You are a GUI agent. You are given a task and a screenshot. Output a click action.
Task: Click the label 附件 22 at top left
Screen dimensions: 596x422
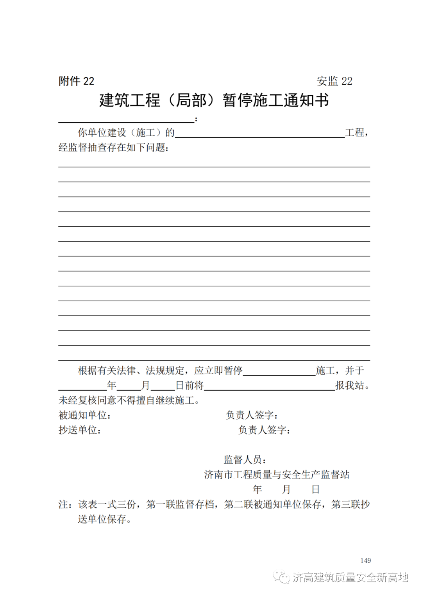click(77, 81)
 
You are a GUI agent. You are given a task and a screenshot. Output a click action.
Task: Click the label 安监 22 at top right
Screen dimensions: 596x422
click(334, 81)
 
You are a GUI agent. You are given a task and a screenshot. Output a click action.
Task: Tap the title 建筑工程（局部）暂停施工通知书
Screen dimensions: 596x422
click(214, 100)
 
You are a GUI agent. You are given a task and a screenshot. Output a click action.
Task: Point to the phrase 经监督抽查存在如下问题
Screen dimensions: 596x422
click(113, 148)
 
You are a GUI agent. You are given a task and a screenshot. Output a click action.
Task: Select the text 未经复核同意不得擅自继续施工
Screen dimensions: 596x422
click(129, 400)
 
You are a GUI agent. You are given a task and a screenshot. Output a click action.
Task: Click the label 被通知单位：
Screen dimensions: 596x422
click(85, 415)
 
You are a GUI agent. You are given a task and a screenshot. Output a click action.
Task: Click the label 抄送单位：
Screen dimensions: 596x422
click(80, 430)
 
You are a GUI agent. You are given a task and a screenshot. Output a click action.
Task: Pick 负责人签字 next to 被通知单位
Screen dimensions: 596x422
click(252, 415)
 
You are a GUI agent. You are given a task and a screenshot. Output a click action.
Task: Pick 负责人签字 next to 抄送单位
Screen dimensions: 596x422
click(264, 430)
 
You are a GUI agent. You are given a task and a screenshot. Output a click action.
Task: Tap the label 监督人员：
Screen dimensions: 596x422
click(245, 460)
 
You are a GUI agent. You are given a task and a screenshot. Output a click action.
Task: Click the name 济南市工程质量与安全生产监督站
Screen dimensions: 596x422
click(277, 475)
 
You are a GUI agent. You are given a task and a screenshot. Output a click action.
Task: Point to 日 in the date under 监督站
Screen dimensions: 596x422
click(315, 489)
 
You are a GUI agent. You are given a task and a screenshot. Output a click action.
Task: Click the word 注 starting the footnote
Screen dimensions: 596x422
click(63, 505)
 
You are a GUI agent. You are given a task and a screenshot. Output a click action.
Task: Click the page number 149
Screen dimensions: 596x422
click(365, 560)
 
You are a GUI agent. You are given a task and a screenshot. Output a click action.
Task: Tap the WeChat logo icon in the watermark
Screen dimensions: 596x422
click(281, 577)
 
